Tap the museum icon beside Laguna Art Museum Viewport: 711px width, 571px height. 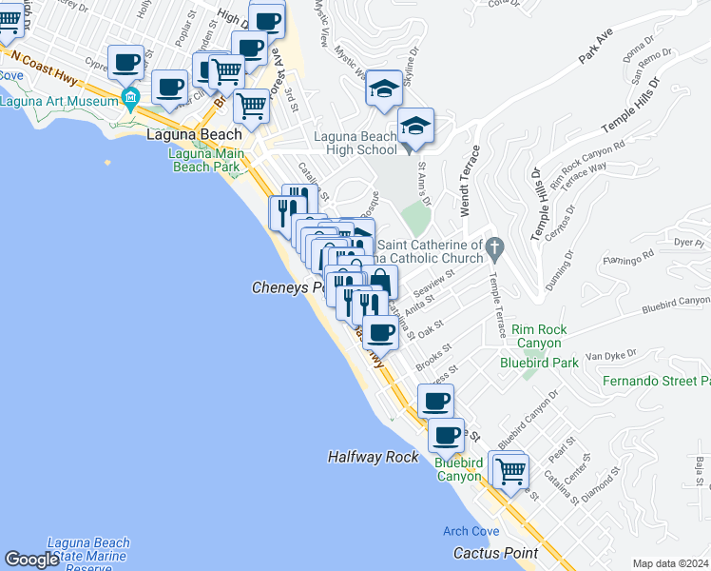point(130,96)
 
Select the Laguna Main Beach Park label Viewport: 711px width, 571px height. point(205,159)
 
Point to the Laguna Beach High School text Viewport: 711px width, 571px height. point(355,143)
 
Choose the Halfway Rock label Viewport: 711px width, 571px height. point(373,457)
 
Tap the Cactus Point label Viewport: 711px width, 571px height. point(495,553)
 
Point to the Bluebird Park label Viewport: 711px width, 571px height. point(539,363)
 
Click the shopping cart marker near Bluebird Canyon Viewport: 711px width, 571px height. point(511,470)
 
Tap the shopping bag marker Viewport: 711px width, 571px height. point(380,282)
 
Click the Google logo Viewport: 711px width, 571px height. point(32,560)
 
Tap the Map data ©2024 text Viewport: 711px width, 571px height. point(670,563)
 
